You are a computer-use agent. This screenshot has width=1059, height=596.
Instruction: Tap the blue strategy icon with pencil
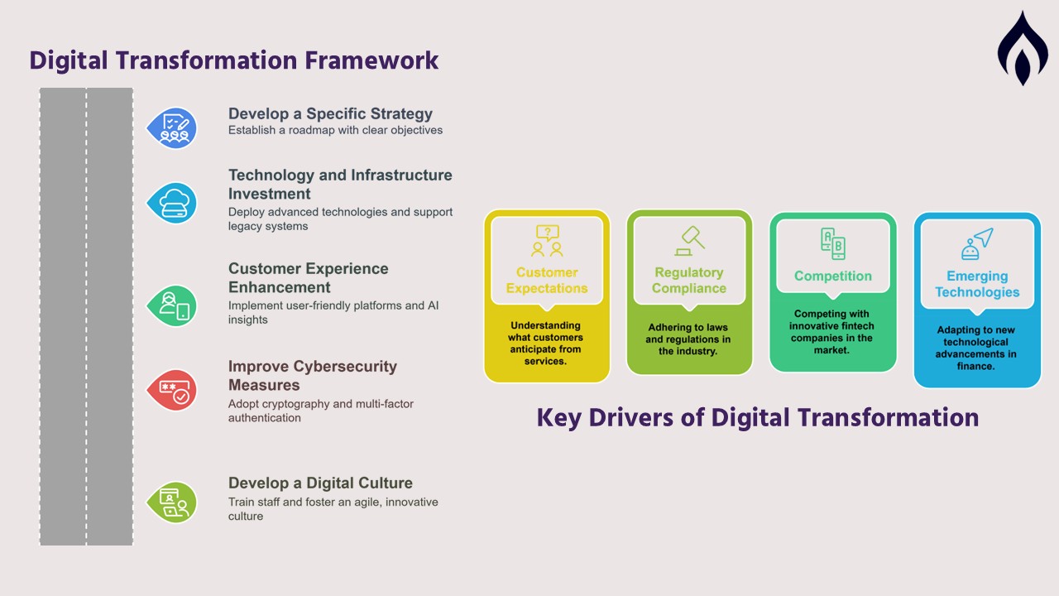pyautogui.click(x=172, y=127)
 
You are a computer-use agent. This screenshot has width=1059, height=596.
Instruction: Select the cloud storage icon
pyautogui.click(x=172, y=204)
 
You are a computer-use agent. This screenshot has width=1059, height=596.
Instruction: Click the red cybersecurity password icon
pyautogui.click(x=172, y=390)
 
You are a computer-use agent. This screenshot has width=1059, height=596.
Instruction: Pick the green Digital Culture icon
pyautogui.click(x=172, y=502)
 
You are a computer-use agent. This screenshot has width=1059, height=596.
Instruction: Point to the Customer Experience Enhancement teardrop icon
pyautogui.click(x=172, y=306)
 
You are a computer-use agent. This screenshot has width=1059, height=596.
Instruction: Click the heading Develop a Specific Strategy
pyautogui.click(x=330, y=114)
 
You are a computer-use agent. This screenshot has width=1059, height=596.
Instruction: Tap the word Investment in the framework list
pyautogui.click(x=270, y=194)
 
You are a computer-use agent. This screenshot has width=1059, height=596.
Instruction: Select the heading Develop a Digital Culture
pyautogui.click(x=320, y=483)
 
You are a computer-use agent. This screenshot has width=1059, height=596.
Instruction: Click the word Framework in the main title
pyautogui.click(x=371, y=61)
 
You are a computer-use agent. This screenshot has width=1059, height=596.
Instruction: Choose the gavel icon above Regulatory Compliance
pyautogui.click(x=690, y=241)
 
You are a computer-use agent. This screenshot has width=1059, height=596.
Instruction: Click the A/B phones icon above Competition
pyautogui.click(x=833, y=243)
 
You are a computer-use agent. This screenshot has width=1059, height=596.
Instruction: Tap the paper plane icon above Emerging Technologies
pyautogui.click(x=977, y=244)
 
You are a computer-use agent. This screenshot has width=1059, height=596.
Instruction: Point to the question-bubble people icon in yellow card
pyautogui.click(x=547, y=241)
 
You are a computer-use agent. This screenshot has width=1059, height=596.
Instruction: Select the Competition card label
pyautogui.click(x=833, y=276)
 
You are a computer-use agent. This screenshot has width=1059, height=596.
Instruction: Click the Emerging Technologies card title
pyautogui.click(x=977, y=284)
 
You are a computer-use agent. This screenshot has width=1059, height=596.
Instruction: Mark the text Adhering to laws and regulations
pyautogui.click(x=688, y=333)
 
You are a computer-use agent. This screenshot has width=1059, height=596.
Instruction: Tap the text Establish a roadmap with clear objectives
pyautogui.click(x=336, y=130)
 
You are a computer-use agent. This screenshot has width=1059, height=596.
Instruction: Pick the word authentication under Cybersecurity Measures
pyautogui.click(x=264, y=418)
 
